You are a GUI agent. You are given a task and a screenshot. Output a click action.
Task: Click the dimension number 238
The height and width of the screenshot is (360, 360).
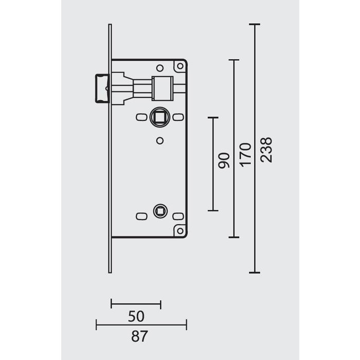pos(267,150)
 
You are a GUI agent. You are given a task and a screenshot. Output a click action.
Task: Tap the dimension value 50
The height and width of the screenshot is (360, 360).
pos(136,315)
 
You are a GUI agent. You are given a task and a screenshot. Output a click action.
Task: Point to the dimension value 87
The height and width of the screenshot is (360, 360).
pos(139,337)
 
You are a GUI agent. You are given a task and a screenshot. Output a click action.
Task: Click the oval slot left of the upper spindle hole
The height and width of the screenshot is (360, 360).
pos(140,118)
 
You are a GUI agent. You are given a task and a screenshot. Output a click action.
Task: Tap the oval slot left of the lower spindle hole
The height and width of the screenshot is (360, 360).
pos(140,215)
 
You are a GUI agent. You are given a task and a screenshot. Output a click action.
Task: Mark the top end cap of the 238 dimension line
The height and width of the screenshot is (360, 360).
pos(255,25)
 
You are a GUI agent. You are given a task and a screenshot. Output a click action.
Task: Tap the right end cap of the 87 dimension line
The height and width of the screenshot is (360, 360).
pos(186,325)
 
